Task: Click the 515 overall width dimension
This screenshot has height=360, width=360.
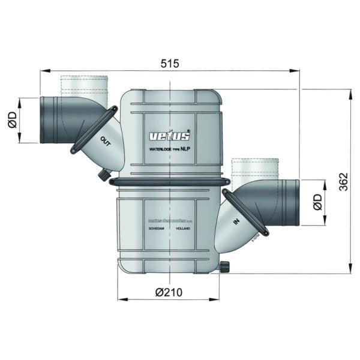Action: tap(170, 63)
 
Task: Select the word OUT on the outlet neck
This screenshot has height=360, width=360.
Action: tap(106, 142)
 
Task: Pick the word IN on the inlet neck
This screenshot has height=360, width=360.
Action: tap(235, 223)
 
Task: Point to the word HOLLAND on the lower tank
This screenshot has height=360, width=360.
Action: tap(185, 229)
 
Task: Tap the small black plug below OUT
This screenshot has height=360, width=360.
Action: tap(104, 175)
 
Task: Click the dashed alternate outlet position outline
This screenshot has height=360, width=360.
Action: tap(84, 86)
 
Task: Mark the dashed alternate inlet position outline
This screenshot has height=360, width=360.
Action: tap(255, 169)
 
